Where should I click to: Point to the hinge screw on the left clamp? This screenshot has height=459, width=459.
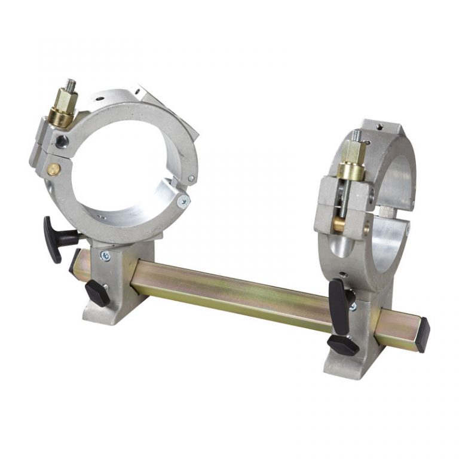184,201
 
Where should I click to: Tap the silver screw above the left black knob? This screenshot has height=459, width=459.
105,256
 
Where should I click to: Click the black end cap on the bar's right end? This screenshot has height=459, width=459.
422,335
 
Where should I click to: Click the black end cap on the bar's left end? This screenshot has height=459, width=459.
74,261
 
